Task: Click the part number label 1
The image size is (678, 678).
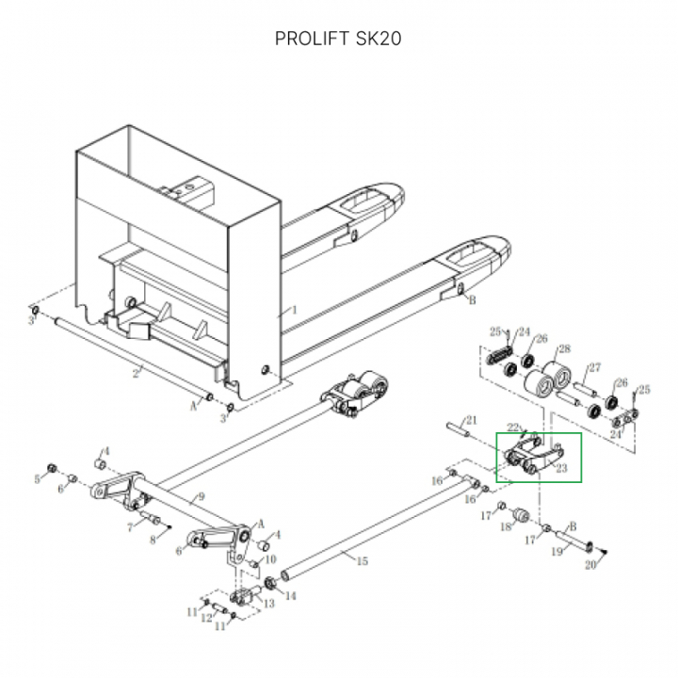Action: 293,309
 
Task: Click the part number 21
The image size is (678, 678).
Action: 473,420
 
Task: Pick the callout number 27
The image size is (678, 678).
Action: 594,367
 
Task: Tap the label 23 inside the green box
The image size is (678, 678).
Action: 561,467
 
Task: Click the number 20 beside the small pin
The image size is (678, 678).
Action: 590,565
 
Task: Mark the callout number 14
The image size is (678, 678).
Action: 291,596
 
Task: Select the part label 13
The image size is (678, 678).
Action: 271,602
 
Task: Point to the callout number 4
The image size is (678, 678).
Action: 107,451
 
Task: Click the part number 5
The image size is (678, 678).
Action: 38,479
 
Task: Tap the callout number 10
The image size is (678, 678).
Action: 272,558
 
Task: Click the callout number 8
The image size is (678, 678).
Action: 153,540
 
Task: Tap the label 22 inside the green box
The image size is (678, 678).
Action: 514,428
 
